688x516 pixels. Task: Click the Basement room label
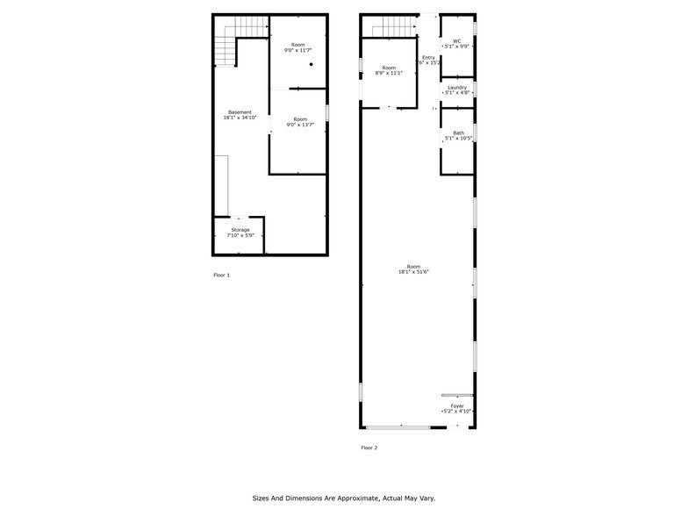click(240, 112)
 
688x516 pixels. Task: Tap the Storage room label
click(240, 230)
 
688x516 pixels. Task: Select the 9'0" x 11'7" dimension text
click(298, 51)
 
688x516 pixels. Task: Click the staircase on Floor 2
click(391, 31)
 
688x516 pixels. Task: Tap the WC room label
click(456, 39)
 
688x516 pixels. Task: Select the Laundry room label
click(456, 87)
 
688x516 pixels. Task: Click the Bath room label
click(458, 133)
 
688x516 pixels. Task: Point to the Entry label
click(428, 57)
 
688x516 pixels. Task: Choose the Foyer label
click(457, 405)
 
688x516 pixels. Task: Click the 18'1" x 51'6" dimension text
click(413, 272)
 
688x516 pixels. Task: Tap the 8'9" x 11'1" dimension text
click(388, 74)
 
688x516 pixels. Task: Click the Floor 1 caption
click(221, 276)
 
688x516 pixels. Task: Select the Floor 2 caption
click(369, 448)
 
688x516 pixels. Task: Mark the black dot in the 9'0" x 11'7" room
click(311, 64)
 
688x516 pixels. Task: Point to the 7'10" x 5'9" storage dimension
click(240, 235)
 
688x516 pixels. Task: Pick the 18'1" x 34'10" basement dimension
click(240, 118)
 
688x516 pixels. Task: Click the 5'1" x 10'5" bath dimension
click(458, 139)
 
